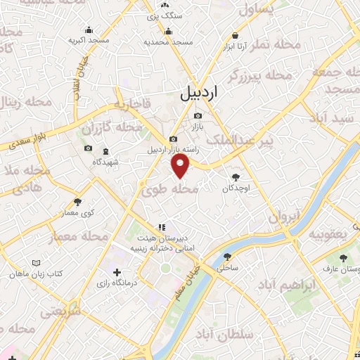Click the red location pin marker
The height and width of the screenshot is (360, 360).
click(x=181, y=166)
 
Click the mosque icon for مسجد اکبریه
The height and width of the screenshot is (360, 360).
click(x=89, y=30)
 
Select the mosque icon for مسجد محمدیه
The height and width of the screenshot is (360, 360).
click(x=168, y=31)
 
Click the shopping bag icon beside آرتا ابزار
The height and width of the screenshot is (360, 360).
click(x=233, y=35)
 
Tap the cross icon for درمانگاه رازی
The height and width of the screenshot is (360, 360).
click(x=117, y=272)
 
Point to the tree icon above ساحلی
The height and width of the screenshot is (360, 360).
click(x=227, y=257)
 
